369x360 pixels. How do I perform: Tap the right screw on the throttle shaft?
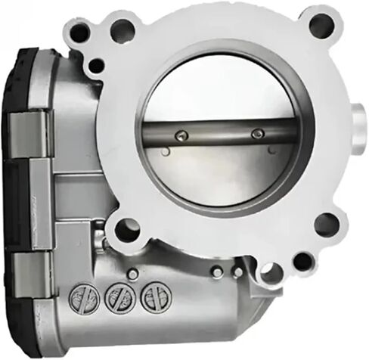(x=256, y=133)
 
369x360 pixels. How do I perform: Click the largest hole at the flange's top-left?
(x=121, y=32)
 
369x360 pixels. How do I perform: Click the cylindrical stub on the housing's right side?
(x=358, y=122)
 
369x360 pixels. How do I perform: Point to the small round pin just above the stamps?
(x=133, y=275)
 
